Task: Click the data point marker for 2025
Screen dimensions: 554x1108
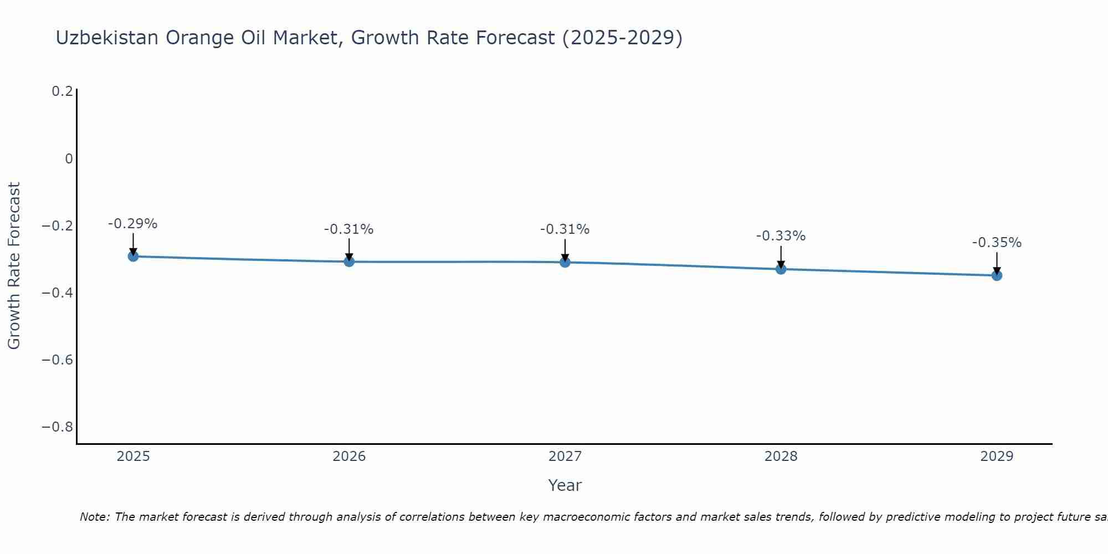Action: click(133, 256)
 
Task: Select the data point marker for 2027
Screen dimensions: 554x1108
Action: click(565, 262)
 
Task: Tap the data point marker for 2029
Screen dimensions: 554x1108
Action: click(997, 275)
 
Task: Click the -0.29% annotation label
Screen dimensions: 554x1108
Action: click(133, 224)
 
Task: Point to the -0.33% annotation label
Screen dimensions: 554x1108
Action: click(781, 236)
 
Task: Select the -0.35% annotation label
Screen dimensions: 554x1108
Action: click(997, 243)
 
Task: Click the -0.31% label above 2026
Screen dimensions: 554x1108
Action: click(349, 229)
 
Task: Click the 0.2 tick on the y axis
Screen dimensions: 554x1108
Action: click(62, 91)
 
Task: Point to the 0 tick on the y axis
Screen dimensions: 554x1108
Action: click(69, 159)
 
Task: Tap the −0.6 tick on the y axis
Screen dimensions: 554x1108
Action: click(58, 360)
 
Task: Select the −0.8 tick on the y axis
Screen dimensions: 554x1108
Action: click(58, 427)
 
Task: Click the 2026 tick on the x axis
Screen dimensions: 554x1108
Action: click(349, 456)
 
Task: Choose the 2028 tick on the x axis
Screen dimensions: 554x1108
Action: click(781, 456)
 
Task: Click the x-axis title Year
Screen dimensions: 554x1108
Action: click(565, 485)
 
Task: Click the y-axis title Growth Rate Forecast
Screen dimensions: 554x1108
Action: click(14, 266)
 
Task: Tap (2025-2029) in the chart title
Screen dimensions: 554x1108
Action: click(622, 38)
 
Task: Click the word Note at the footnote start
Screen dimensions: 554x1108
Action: click(94, 517)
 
